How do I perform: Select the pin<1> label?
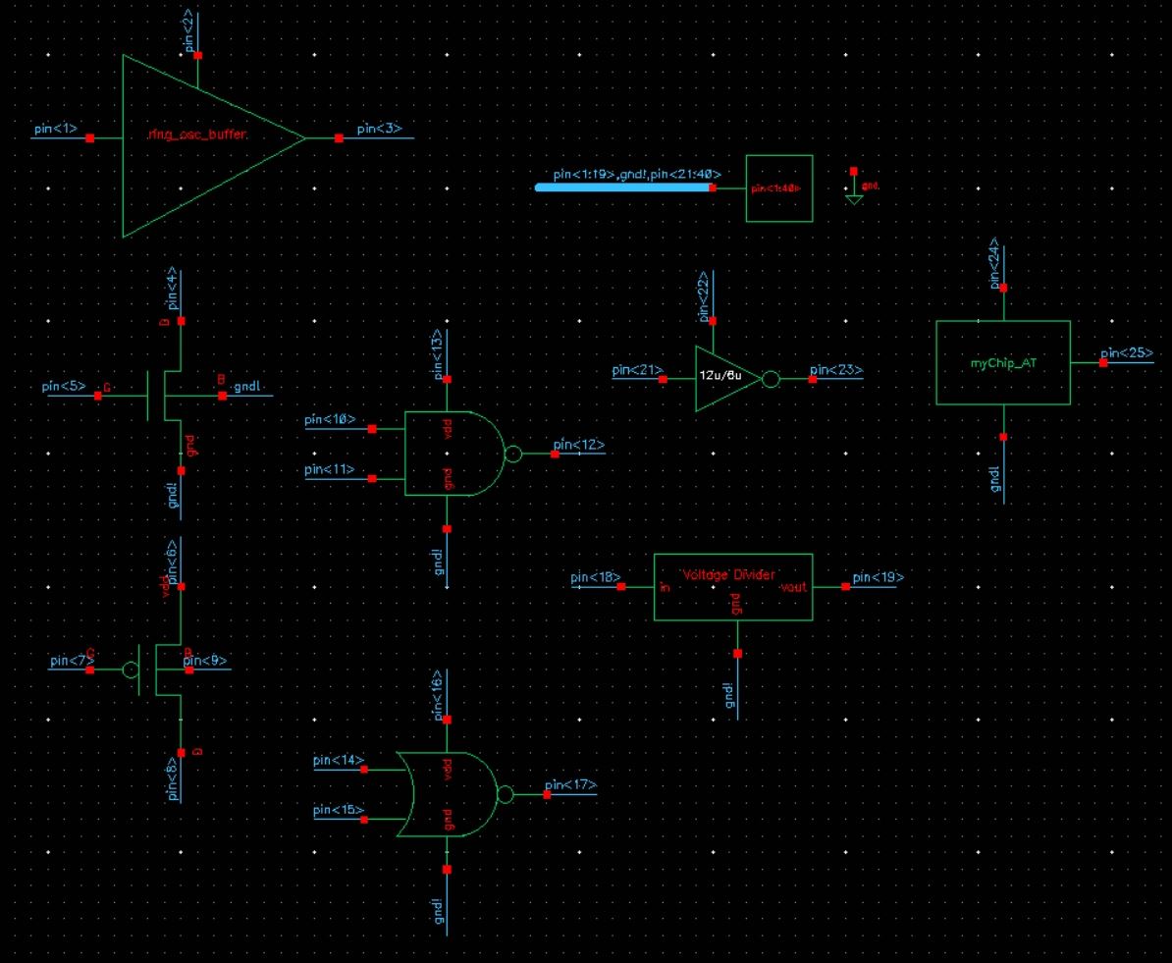55,129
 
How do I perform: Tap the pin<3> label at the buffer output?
379,129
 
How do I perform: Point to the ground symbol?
854,196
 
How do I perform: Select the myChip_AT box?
1002,362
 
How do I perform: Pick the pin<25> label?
1126,353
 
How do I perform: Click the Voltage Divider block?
733,586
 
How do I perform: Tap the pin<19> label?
878,577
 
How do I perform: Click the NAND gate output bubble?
510,454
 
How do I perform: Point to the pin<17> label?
570,785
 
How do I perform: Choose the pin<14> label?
339,761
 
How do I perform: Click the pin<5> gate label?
64,387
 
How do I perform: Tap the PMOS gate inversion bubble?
131,669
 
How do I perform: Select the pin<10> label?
330,420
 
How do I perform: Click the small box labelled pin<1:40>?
779,187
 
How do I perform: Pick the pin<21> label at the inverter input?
637,370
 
